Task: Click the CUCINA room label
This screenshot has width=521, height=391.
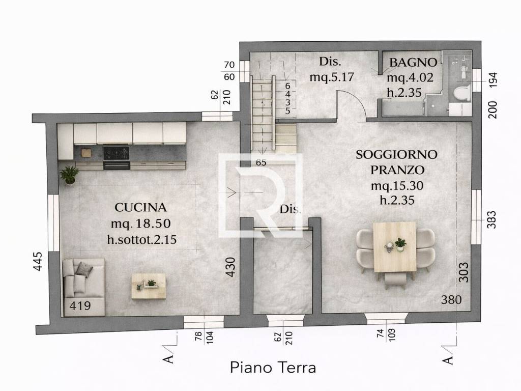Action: (x=140, y=207)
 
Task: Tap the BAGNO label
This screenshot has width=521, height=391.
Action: (x=413, y=63)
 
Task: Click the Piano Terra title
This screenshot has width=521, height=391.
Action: (x=273, y=367)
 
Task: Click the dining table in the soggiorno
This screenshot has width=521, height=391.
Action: (x=394, y=247)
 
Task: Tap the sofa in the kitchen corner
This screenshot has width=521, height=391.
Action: (x=83, y=285)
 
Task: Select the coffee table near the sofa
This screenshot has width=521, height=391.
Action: (x=149, y=286)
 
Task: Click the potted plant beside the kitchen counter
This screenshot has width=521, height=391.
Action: (x=69, y=175)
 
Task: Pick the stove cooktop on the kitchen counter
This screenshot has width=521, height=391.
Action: (x=116, y=152)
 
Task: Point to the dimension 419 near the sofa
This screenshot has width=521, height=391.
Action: (x=80, y=306)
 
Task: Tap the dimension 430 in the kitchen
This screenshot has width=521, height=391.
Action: (x=230, y=267)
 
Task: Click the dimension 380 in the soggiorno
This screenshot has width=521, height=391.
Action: (x=451, y=300)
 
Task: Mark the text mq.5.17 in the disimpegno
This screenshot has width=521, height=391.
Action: (x=331, y=77)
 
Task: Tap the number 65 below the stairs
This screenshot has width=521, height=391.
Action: (x=262, y=163)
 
